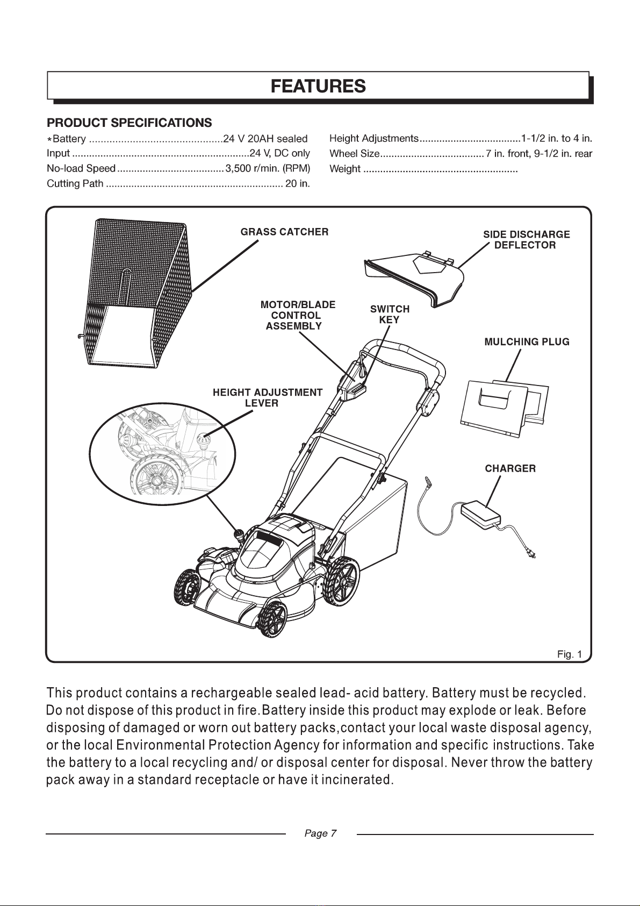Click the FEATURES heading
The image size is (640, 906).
pos(318,86)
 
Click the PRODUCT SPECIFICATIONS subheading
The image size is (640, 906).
pos(130,123)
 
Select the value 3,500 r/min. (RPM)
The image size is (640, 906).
pos(268,168)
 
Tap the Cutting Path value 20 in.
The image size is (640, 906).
pos(298,184)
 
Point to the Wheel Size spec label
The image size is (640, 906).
pos(355,154)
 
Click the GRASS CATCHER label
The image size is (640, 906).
pos(285,232)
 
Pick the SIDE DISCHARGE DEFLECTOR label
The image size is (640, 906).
pos(527,240)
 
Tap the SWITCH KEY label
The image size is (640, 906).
pos(390,314)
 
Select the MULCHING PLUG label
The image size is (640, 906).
pos(527,342)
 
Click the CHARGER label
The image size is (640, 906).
pos(510,468)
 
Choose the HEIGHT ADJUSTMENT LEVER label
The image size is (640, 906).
pos(268,397)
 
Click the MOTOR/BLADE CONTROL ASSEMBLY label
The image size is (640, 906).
pos(298,316)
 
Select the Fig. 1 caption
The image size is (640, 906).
pos(569,654)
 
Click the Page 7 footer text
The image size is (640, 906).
pos(321,833)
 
